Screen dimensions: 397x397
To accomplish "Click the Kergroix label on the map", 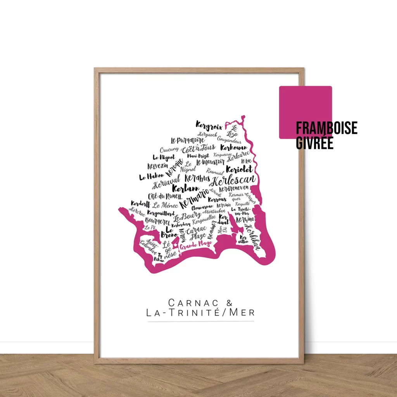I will (209, 126).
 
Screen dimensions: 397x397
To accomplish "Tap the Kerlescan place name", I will (235, 180).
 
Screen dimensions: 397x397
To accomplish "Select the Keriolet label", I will (239, 169).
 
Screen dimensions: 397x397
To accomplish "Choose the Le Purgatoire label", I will (187, 140).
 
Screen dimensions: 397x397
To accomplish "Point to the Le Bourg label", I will (187, 216).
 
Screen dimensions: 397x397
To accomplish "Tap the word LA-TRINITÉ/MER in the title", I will (201, 312).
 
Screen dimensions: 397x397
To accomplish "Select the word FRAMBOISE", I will (326, 128).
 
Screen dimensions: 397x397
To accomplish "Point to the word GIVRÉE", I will (314, 143).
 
